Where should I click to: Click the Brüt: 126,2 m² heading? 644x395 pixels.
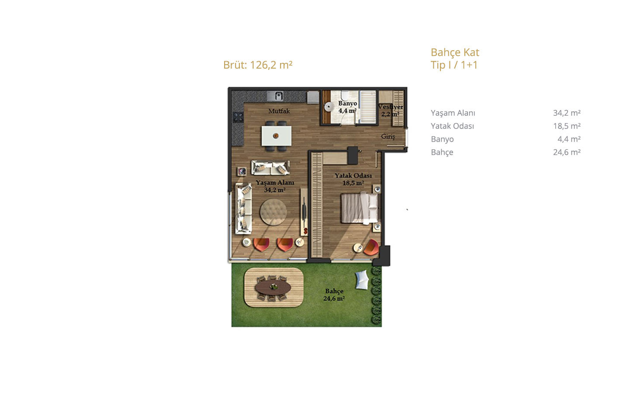[258, 65]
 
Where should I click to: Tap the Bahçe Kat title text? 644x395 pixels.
[455, 52]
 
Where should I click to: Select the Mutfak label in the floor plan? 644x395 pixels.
[279, 111]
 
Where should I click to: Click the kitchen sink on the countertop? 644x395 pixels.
[278, 96]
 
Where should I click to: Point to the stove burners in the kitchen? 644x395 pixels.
[238, 117]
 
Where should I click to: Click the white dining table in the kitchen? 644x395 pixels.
[276, 136]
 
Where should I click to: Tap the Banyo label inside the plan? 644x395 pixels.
[348, 103]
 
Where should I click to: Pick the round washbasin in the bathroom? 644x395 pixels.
[328, 107]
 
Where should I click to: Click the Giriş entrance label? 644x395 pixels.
[388, 136]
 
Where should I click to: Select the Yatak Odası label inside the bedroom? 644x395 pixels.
[353, 175]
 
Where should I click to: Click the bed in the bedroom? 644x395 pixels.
[360, 208]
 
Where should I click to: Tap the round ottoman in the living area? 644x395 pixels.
[273, 212]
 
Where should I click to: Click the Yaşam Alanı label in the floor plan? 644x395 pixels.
[275, 183]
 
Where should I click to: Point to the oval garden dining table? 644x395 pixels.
[273, 287]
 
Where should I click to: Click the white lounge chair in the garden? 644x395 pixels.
[362, 280]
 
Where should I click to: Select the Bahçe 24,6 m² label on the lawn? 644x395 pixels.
[334, 295]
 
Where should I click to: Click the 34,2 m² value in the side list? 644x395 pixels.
[567, 113]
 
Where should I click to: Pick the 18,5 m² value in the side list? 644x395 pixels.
[567, 126]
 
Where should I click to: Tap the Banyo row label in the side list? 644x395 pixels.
[442, 139]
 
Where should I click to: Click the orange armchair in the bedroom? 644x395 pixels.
[371, 247]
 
